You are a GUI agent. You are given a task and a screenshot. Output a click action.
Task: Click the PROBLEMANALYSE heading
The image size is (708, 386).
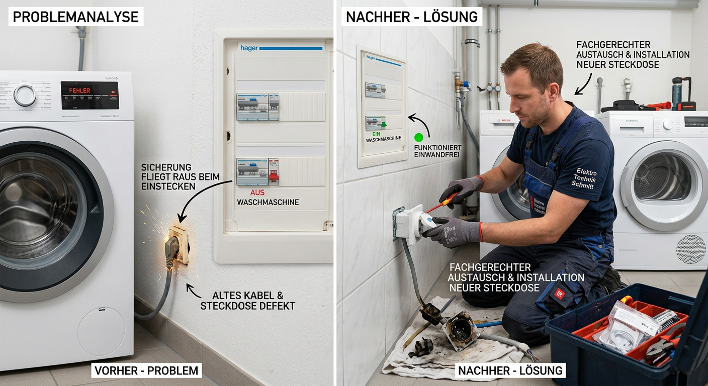tap(75, 17)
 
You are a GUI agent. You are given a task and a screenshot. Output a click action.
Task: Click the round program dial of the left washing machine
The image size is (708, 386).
tap(24, 95)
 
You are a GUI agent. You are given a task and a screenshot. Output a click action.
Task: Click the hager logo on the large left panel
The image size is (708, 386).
tap(249, 48)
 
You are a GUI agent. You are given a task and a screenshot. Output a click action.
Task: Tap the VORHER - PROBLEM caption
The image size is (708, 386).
tap(146, 371)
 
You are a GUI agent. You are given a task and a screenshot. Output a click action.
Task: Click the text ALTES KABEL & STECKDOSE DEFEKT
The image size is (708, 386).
tap(247, 301)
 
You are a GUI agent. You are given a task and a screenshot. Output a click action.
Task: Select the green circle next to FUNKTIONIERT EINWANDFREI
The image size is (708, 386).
tap(418, 137)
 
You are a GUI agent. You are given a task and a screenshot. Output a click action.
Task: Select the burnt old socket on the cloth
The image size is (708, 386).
tap(460, 331)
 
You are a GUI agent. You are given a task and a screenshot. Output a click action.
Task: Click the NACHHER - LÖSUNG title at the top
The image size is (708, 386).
tap(411, 17)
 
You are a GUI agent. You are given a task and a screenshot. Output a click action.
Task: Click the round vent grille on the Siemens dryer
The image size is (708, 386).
tap(690, 248)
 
